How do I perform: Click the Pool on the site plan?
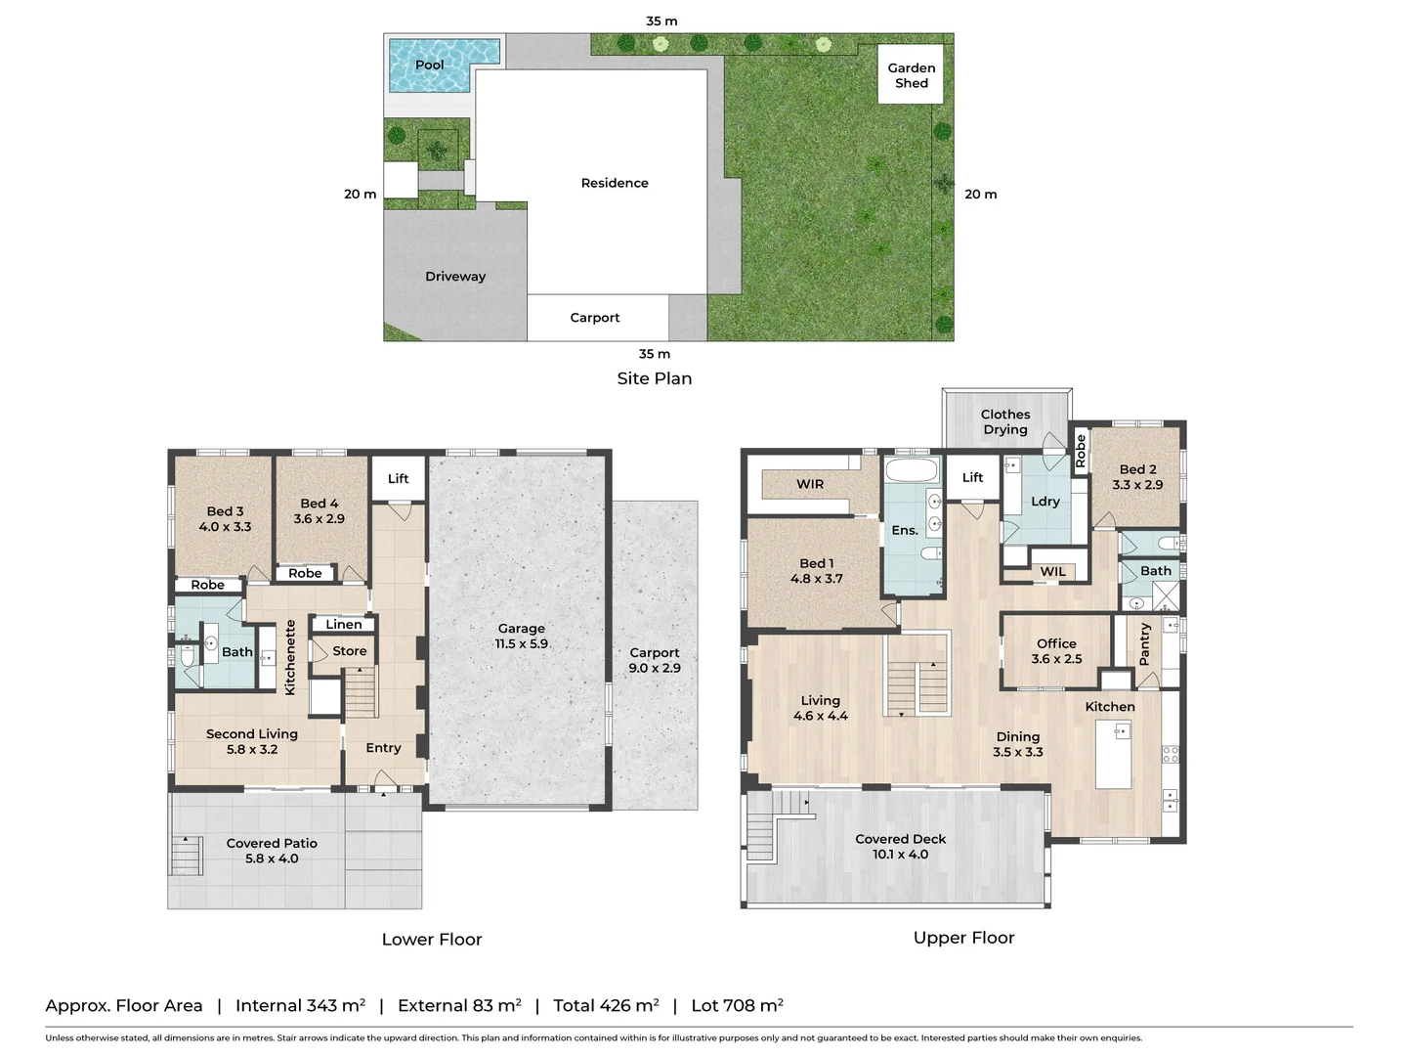pos(431,65)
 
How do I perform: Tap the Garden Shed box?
pos(911,74)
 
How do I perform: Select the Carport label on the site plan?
pos(595,318)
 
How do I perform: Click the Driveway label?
pos(455,277)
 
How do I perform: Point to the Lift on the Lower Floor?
pos(399,478)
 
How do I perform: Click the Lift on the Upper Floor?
pos(972,477)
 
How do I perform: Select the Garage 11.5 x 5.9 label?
pos(521,637)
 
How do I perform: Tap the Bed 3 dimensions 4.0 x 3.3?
pos(226,527)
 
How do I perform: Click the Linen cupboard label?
pos(344,624)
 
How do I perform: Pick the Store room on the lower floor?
pos(349,651)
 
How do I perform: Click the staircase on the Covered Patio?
pos(186,855)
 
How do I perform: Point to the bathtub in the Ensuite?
pos(912,471)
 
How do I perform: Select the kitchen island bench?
pos(1113,754)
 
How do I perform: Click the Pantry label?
pos(1145,643)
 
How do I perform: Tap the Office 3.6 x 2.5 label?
pos(1056,651)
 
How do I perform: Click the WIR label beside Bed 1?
pos(810,484)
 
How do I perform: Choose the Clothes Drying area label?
pos(1005,421)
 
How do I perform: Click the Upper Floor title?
pos(963,938)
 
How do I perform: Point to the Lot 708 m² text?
pos(737,1005)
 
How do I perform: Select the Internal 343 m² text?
pos(300,1005)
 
